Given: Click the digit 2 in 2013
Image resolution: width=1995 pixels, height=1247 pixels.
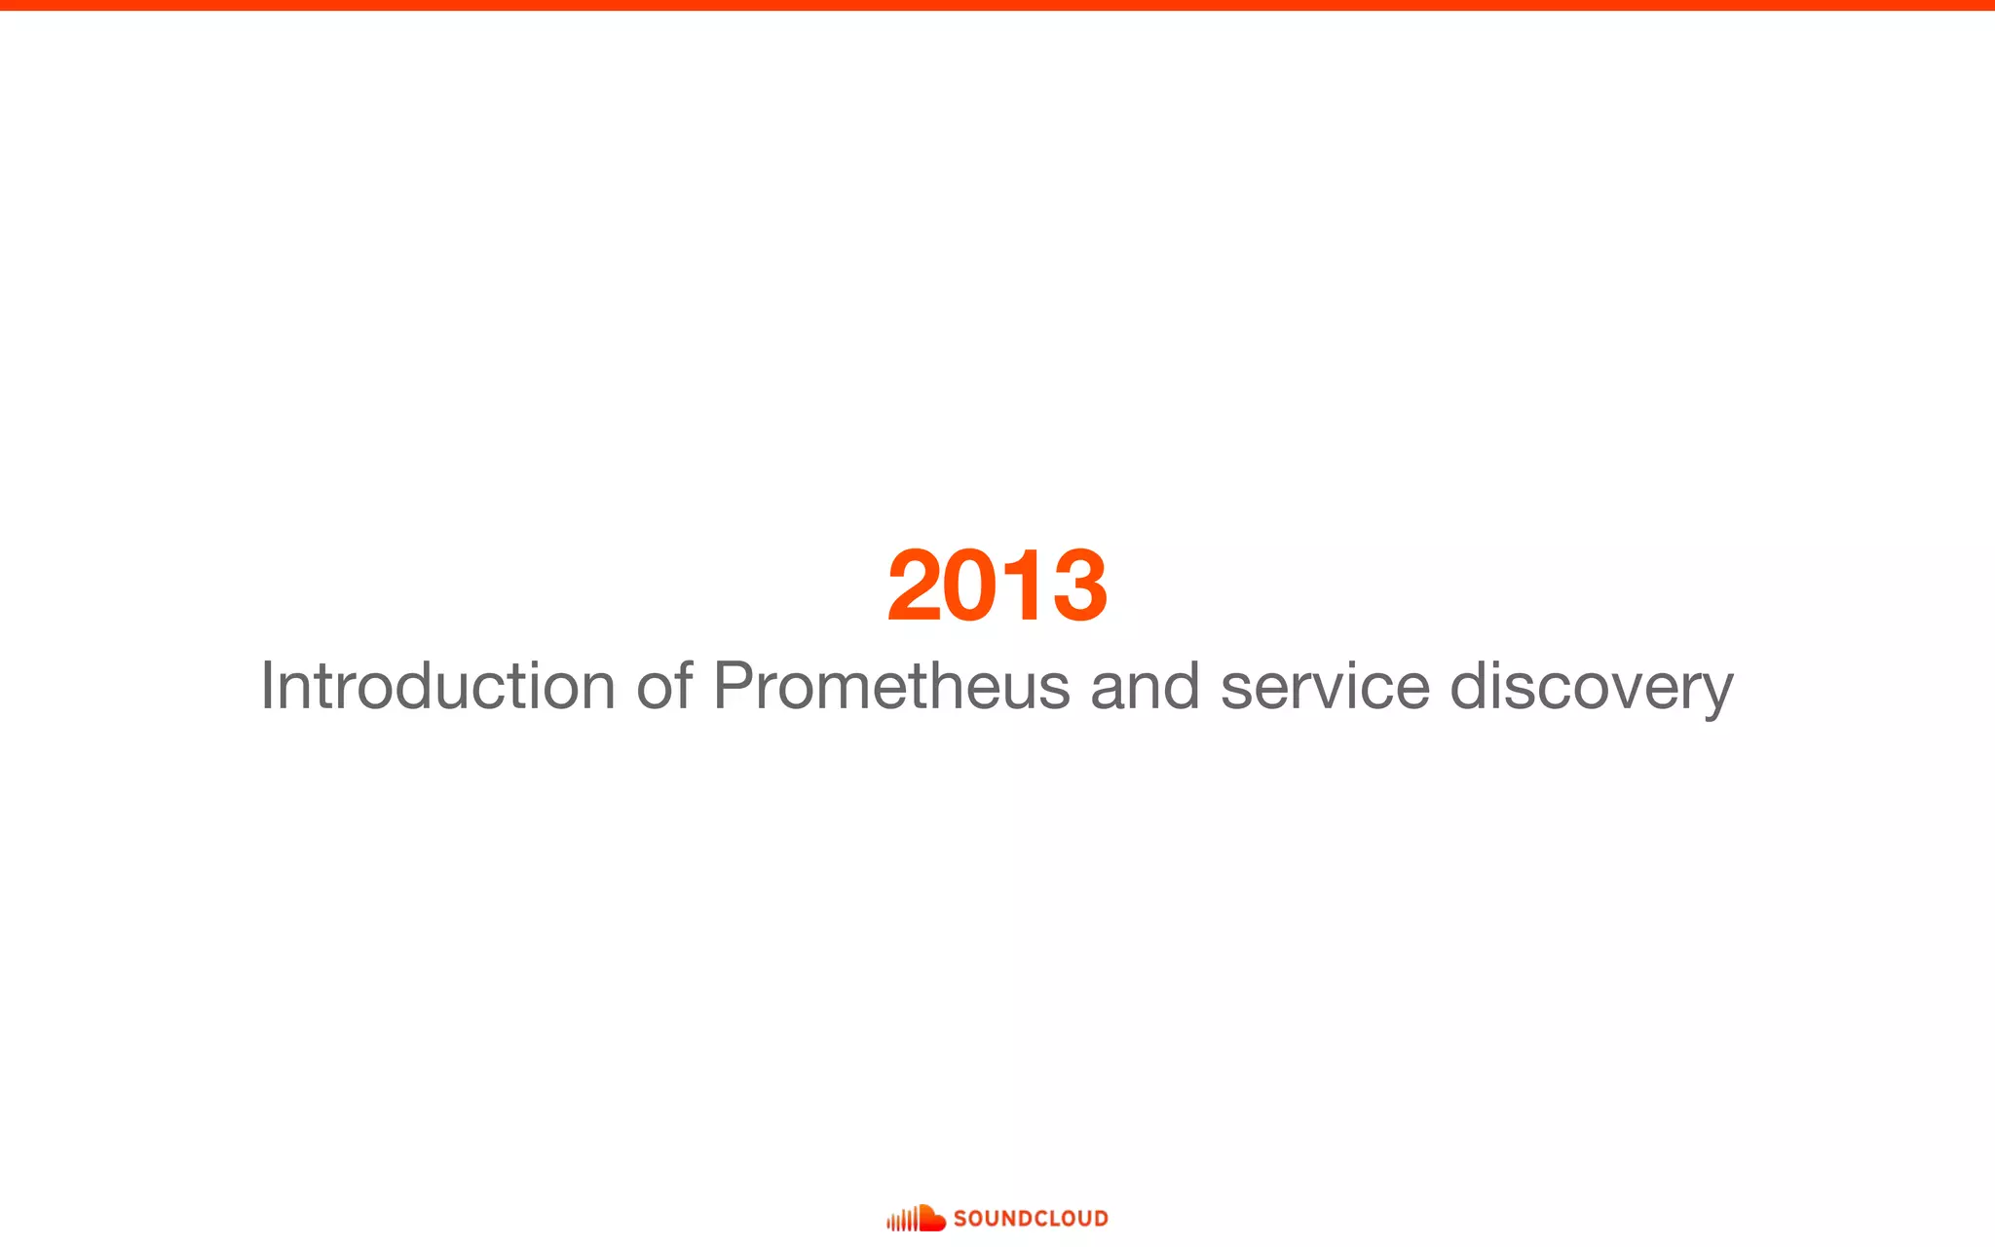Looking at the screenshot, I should click(913, 586).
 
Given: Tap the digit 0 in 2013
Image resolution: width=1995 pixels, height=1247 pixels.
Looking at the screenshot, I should click(969, 586).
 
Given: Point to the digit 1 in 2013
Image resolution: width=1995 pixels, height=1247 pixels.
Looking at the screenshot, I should click(1019, 586).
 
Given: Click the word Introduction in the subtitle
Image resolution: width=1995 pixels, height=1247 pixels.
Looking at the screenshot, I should click(437, 686).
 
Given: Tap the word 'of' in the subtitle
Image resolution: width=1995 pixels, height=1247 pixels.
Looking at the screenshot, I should click(664, 686).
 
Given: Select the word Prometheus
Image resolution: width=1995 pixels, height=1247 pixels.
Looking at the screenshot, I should click(891, 686).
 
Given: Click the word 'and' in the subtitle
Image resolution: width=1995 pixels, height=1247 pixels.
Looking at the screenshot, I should click(1145, 686).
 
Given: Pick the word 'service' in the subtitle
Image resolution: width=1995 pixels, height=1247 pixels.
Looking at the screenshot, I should click(1325, 686).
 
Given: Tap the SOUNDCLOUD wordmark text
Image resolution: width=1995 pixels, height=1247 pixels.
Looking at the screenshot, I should click(1031, 1219).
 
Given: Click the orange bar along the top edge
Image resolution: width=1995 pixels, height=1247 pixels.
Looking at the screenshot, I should click(997, 5).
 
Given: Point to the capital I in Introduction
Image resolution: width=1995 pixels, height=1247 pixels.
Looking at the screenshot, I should click(266, 686).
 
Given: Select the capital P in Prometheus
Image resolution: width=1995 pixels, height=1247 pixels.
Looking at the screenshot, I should click(733, 686).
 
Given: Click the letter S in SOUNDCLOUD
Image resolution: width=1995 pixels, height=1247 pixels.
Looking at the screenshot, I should click(960, 1219).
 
